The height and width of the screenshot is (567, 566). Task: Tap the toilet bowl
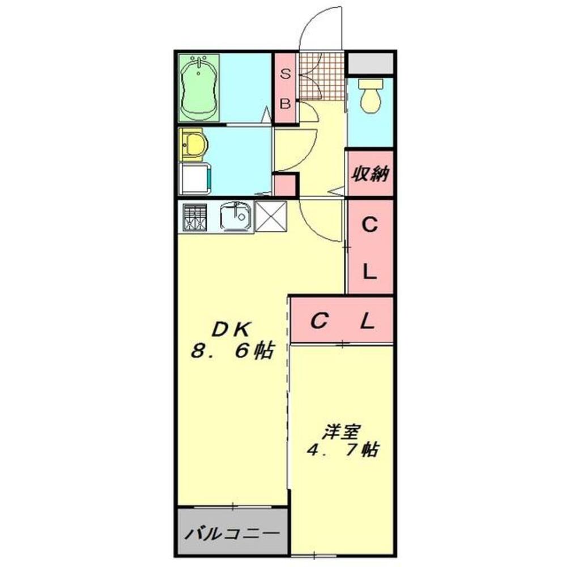(371, 96)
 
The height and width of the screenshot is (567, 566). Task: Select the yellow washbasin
(194, 145)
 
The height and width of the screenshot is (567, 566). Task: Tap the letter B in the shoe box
(286, 104)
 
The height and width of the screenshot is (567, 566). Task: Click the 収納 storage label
(371, 174)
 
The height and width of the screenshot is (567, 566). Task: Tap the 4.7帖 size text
(342, 451)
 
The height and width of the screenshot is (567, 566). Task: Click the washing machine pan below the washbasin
(195, 179)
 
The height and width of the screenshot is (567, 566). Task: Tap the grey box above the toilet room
(371, 62)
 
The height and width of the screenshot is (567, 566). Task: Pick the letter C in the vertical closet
(369, 226)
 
